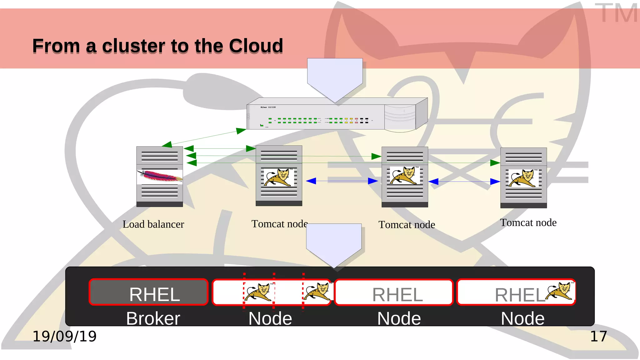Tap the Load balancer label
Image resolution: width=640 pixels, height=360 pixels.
153,224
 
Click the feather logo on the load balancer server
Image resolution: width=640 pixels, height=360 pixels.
160,177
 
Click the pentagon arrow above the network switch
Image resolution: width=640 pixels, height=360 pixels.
335,78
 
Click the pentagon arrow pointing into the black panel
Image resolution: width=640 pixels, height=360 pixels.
334,244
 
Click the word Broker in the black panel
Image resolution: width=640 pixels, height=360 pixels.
153,318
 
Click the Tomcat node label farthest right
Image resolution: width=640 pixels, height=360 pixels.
528,222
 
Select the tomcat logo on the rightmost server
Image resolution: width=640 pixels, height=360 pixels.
523,178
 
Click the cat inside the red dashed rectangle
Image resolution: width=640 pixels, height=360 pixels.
259,292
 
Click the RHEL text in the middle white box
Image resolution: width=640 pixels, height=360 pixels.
397,295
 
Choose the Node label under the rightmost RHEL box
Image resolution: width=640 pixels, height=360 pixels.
522,318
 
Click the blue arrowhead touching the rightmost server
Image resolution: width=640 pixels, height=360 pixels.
495,182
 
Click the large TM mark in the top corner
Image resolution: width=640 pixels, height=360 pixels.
616,13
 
